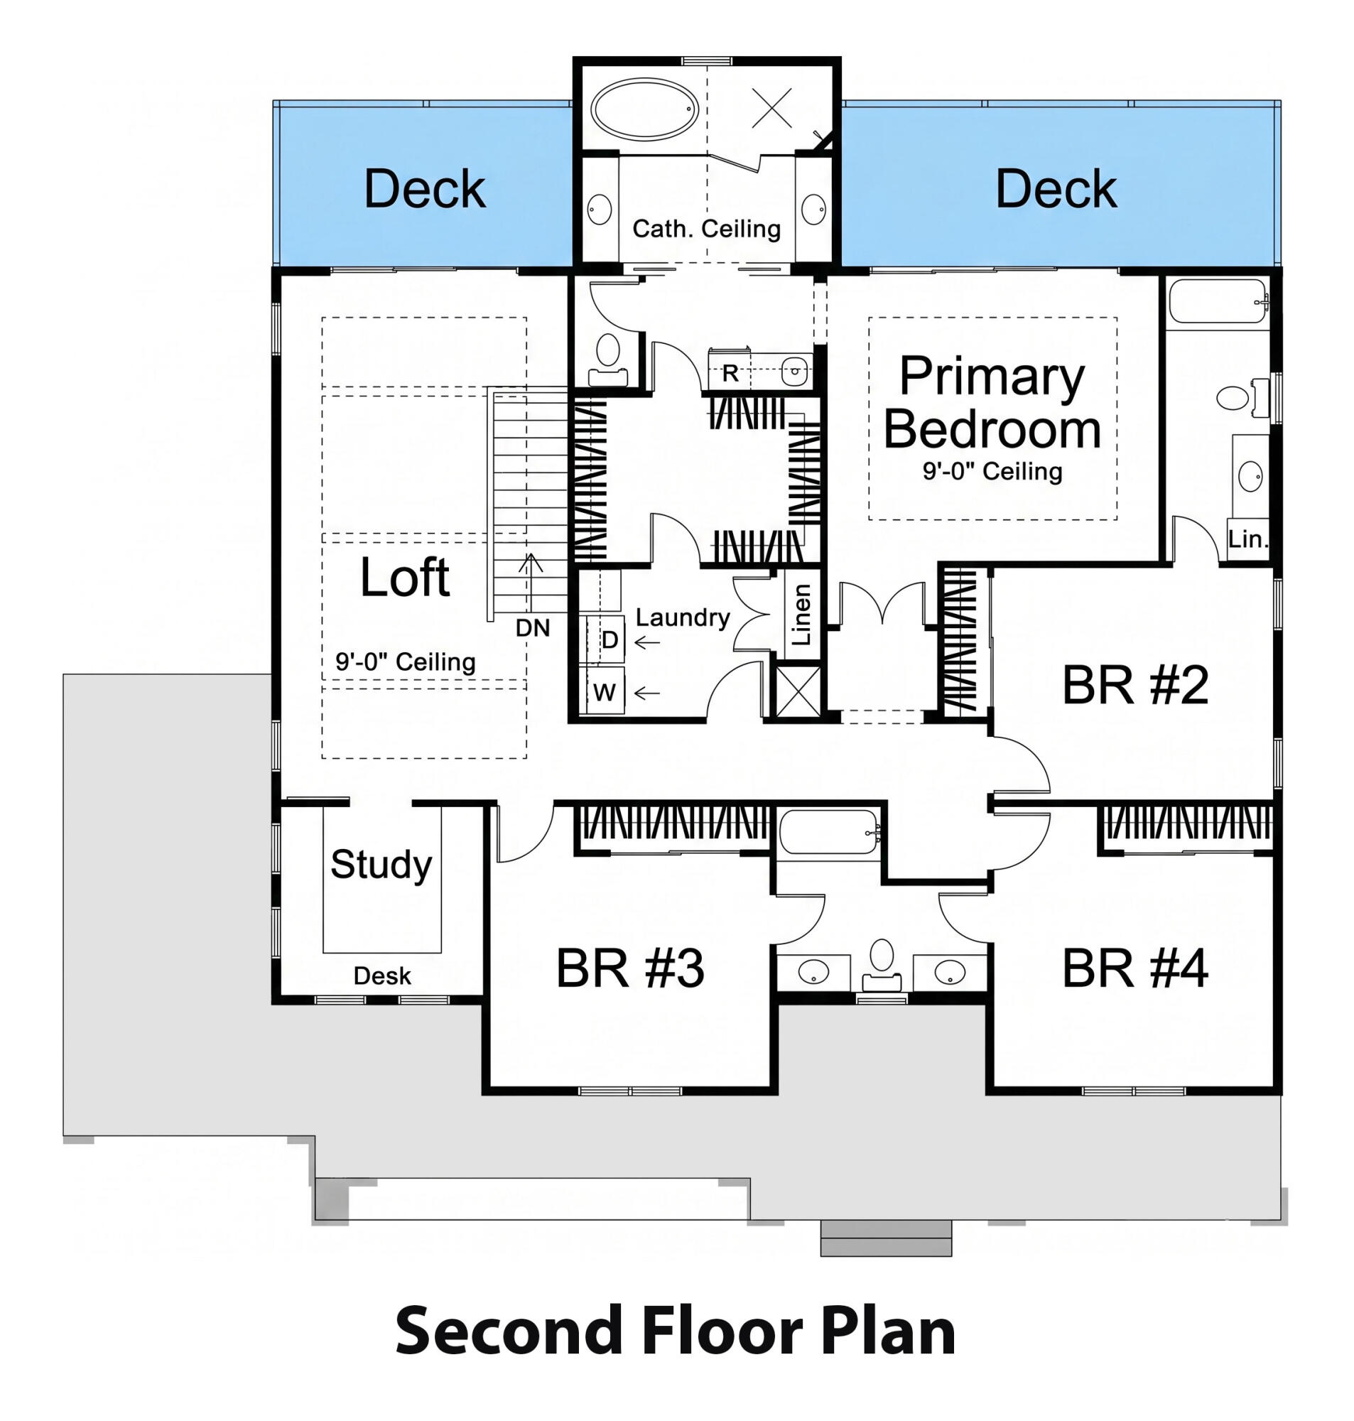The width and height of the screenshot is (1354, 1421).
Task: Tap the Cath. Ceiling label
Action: [x=706, y=229]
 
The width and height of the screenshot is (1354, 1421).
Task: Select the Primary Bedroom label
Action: [x=992, y=402]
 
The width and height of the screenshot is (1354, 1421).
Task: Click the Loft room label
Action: [x=404, y=578]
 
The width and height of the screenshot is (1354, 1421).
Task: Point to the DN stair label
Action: [x=533, y=628]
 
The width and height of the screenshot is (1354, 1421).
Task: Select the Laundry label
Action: [x=682, y=617]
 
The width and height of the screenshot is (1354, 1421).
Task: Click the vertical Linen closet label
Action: [x=802, y=614]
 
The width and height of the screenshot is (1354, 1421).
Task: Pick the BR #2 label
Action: [x=1134, y=685]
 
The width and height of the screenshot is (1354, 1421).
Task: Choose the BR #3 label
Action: [x=629, y=968]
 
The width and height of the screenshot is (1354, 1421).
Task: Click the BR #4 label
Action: [x=1134, y=968]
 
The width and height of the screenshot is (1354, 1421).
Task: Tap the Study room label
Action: [x=381, y=864]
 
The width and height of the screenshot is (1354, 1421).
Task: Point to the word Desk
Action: [x=381, y=976]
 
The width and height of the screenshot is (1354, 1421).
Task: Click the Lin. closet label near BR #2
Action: [x=1248, y=539]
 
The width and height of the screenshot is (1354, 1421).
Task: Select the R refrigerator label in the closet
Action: [x=730, y=373]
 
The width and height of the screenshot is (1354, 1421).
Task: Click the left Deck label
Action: [x=424, y=189]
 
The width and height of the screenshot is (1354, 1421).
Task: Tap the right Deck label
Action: [x=1056, y=189]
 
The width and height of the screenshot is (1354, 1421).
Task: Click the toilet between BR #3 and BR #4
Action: [x=882, y=957]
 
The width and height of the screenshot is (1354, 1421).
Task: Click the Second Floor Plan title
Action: [x=676, y=1331]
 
